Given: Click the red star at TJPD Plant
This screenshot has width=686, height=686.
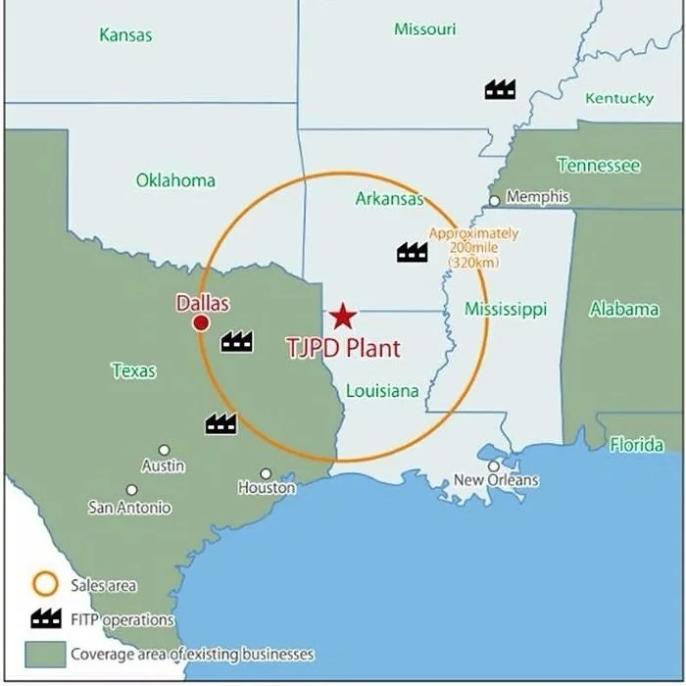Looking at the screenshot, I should (x=342, y=316).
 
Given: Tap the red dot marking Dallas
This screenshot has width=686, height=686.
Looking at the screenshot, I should (x=201, y=323).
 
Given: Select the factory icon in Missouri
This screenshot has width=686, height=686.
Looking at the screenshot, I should (x=500, y=89).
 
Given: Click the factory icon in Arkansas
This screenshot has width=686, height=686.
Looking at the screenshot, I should (x=412, y=252).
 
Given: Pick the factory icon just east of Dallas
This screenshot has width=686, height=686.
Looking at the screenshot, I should (x=236, y=341).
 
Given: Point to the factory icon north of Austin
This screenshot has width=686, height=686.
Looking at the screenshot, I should (x=220, y=423).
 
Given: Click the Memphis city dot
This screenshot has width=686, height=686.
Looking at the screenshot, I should (x=495, y=200).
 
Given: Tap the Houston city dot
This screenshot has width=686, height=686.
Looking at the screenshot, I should (x=266, y=473).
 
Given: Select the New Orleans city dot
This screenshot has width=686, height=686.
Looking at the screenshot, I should (x=494, y=466).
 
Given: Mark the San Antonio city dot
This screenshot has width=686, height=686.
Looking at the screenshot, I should (x=131, y=490).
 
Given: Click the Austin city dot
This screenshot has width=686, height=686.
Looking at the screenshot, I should (x=164, y=450).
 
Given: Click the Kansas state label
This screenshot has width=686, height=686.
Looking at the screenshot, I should (x=125, y=35).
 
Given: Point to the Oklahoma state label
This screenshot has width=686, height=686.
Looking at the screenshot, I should (x=175, y=180).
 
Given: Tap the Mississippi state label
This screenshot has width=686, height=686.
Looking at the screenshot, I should (x=506, y=310).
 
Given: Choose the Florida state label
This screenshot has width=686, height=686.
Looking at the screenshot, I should (x=637, y=445).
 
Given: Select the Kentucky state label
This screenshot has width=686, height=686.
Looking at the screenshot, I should (x=619, y=98).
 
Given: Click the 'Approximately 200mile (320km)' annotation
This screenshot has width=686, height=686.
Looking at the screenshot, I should (x=474, y=248).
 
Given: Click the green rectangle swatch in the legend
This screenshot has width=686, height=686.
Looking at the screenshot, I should (x=45, y=652).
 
